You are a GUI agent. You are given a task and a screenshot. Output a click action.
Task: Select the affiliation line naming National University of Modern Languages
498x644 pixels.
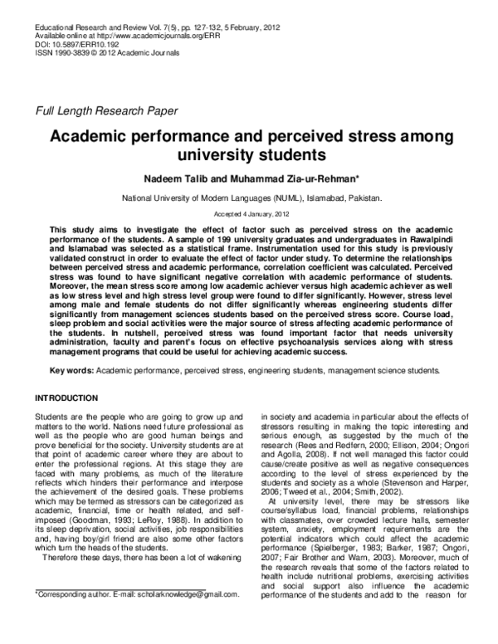click(x=251, y=199)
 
